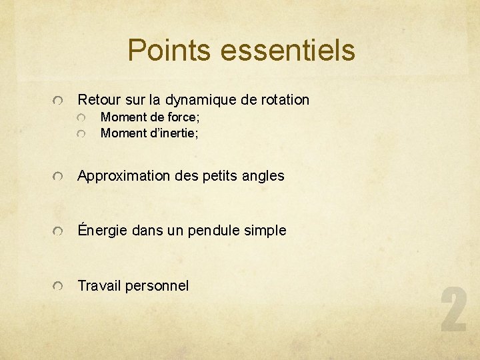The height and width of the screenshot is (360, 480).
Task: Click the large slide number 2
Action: (x=453, y=310)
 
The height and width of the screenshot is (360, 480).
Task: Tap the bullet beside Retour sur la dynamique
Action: (x=59, y=101)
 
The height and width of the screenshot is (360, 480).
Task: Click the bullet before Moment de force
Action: (x=81, y=118)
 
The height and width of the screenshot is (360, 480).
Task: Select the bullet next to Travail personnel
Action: (x=59, y=287)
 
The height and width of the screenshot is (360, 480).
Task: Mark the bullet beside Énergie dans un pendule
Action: (x=59, y=231)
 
